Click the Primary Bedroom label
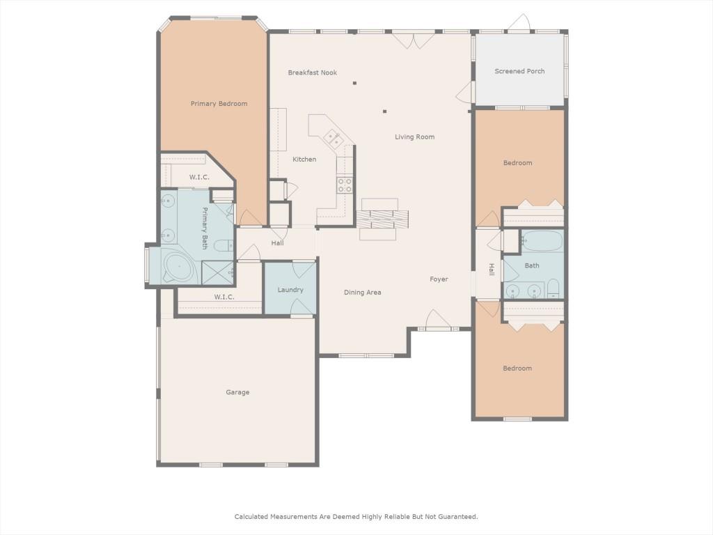click(219, 104)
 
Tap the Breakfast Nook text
click(313, 72)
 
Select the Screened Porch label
click(519, 71)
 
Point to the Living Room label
click(414, 137)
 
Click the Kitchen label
click(304, 160)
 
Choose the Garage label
click(237, 392)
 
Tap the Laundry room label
click(290, 290)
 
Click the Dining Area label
click(362, 293)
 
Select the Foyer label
click(439, 279)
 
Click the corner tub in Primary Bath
click(178, 266)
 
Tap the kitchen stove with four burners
click(344, 185)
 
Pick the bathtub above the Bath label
click(542, 241)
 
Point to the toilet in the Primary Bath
click(224, 246)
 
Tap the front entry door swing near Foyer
click(436, 318)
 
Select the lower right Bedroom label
click(517, 369)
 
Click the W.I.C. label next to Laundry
click(224, 297)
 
